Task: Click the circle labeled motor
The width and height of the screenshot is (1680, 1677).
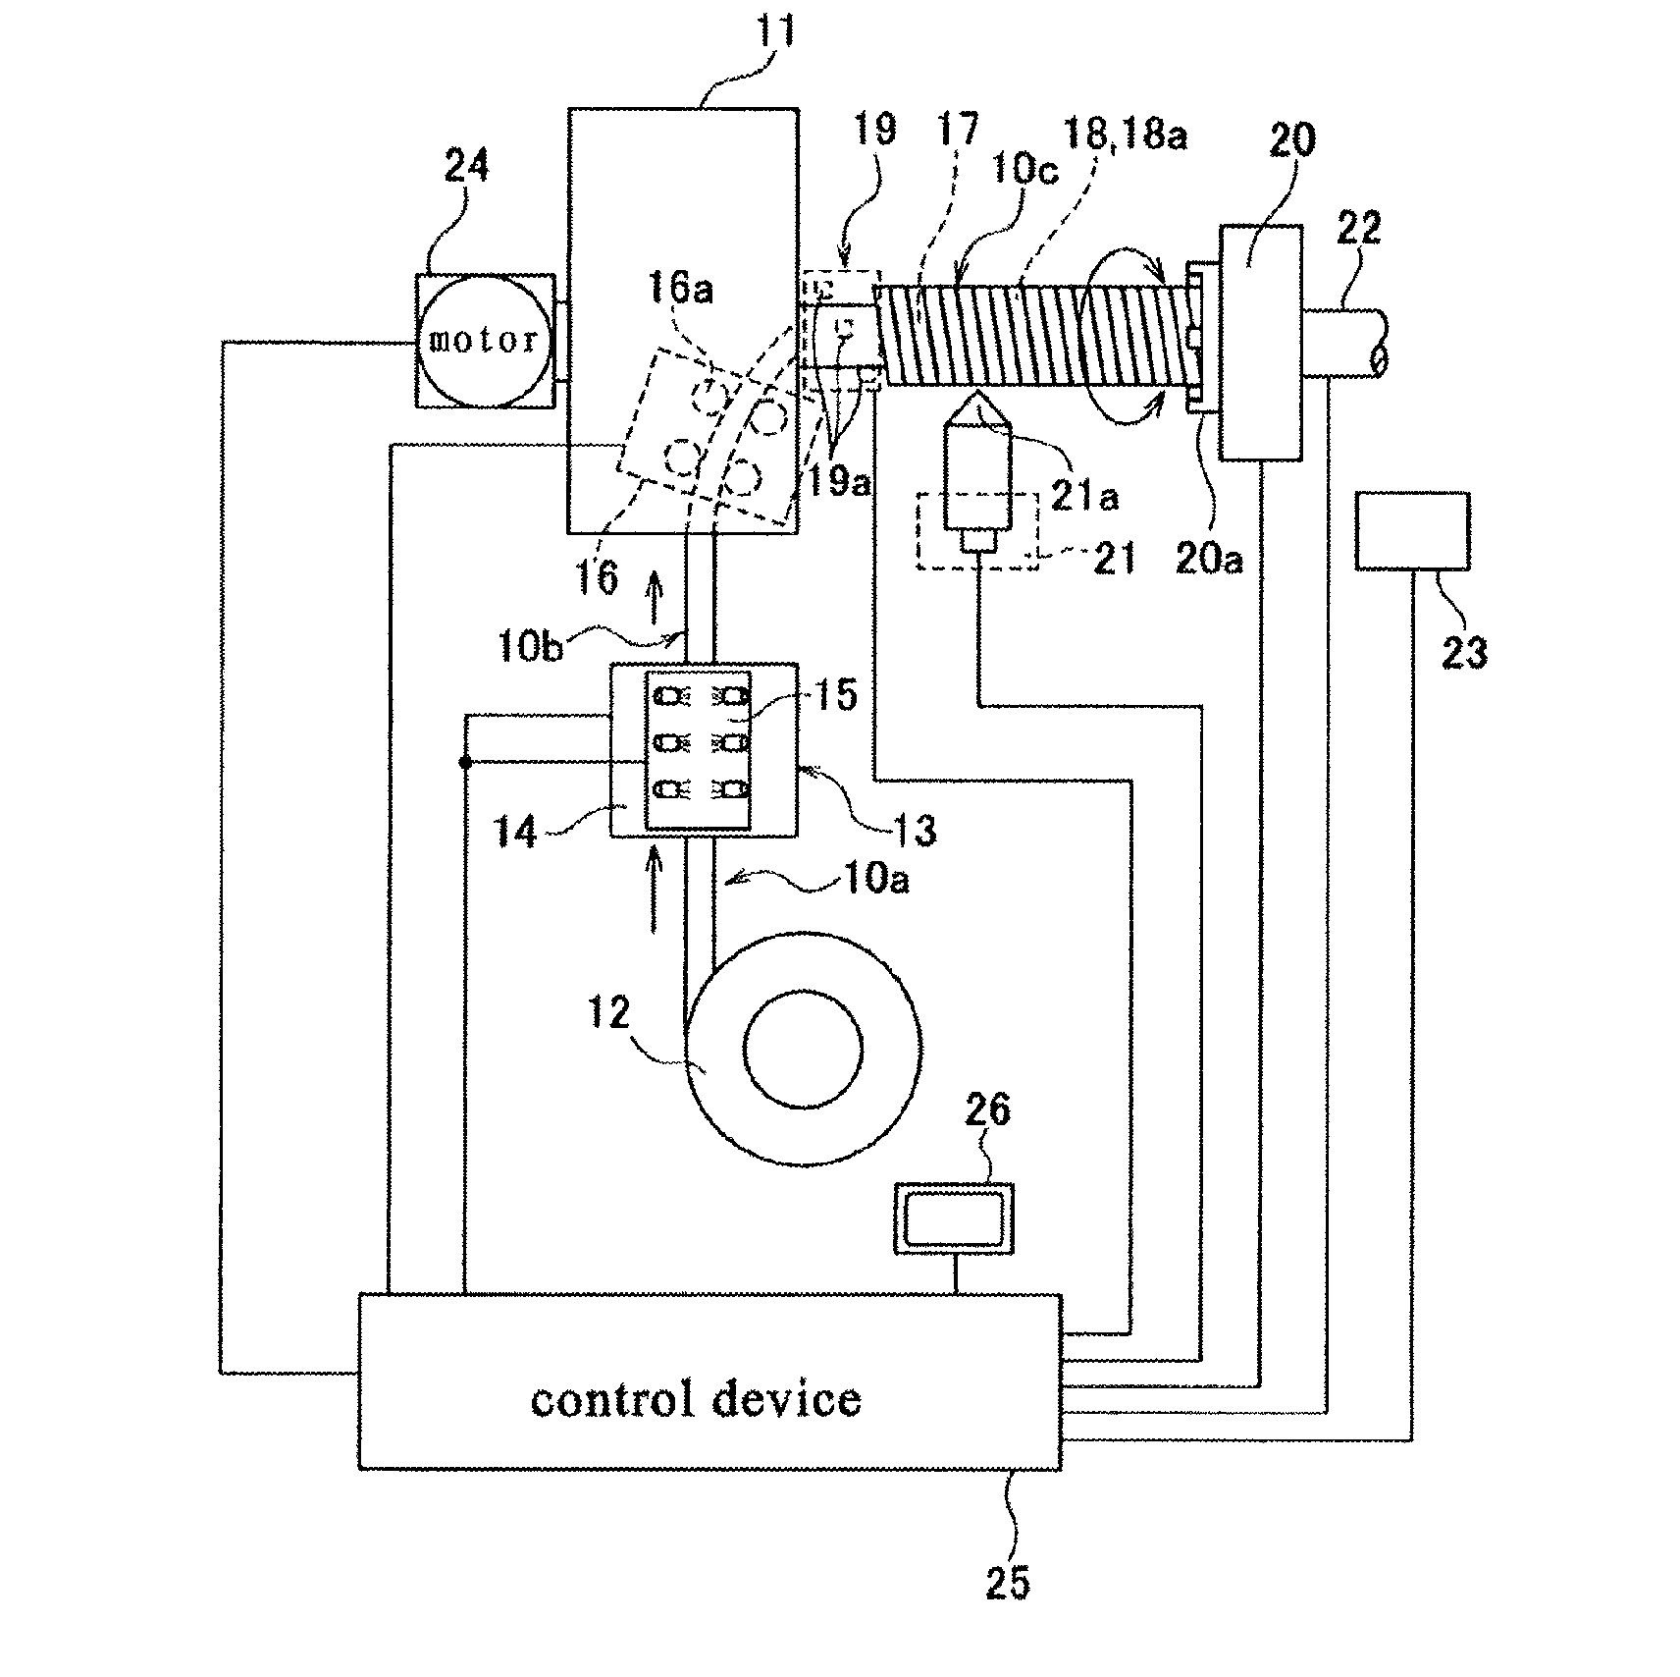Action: click(x=484, y=340)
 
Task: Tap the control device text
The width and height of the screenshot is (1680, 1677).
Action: click(x=696, y=1399)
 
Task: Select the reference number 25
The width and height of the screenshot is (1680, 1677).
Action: click(x=1008, y=1582)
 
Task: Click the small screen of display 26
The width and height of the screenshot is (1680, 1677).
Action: click(x=953, y=1218)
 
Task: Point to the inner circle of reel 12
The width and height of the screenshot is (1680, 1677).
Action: click(x=803, y=1049)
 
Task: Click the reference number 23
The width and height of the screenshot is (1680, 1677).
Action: click(x=1464, y=650)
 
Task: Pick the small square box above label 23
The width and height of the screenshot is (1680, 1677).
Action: click(x=1412, y=530)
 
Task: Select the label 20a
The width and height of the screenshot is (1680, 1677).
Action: click(x=1207, y=558)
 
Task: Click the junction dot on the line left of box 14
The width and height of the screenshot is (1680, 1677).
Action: click(x=465, y=762)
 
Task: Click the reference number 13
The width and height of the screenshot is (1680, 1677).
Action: click(x=911, y=830)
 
